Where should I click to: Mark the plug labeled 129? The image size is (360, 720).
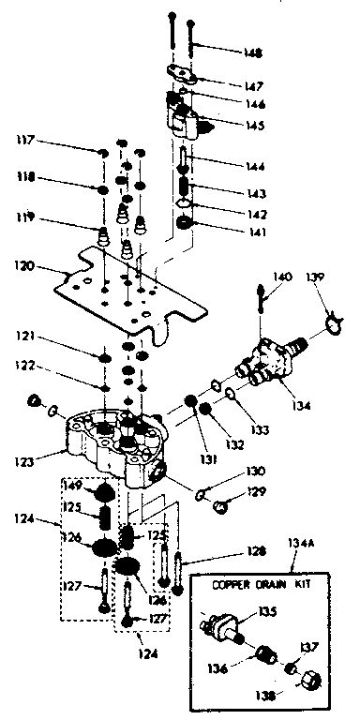(x=221, y=506)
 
